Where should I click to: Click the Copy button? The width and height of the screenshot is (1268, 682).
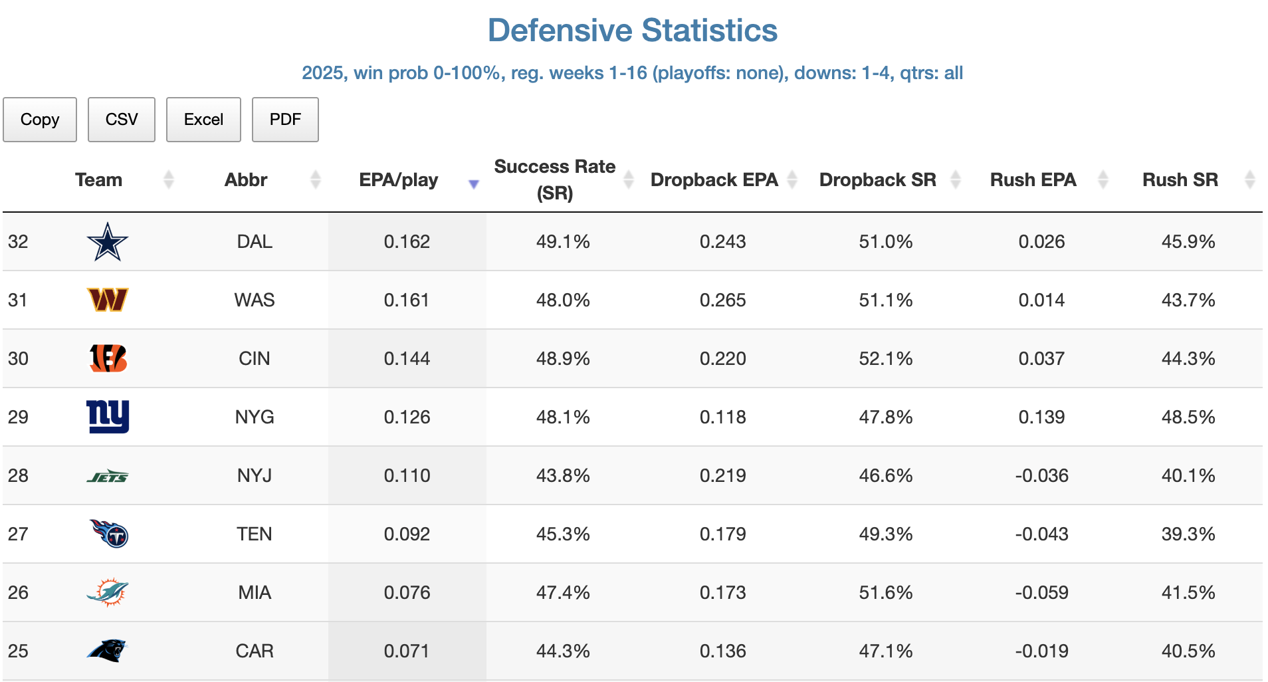click(x=40, y=120)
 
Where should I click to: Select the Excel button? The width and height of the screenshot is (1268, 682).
click(x=203, y=120)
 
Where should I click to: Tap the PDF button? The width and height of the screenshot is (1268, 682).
click(x=285, y=120)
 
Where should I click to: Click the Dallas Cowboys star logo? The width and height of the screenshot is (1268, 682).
click(x=107, y=242)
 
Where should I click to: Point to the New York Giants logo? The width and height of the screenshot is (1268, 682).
click(x=108, y=417)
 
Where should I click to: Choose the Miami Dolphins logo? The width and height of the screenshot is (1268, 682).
click(x=108, y=592)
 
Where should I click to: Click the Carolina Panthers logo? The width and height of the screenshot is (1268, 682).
click(x=107, y=650)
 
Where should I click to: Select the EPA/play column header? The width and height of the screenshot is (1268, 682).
click(x=398, y=180)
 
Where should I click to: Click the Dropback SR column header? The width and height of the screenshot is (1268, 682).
click(x=877, y=180)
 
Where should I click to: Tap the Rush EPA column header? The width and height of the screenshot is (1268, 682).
click(x=1033, y=180)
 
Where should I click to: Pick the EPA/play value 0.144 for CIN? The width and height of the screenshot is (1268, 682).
click(x=407, y=359)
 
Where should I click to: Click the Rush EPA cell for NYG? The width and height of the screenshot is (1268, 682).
click(x=1041, y=417)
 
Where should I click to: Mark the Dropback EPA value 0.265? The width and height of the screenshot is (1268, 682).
click(x=722, y=300)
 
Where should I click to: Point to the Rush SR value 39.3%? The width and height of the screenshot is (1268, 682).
click(x=1188, y=534)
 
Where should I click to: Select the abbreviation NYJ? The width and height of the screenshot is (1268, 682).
click(x=255, y=476)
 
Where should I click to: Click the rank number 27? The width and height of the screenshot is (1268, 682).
click(x=18, y=534)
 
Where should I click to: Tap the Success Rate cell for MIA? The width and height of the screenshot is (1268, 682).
click(x=563, y=593)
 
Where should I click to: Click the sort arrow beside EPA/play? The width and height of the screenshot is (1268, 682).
click(x=474, y=184)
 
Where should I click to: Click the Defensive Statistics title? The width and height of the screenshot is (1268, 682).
click(x=633, y=31)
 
